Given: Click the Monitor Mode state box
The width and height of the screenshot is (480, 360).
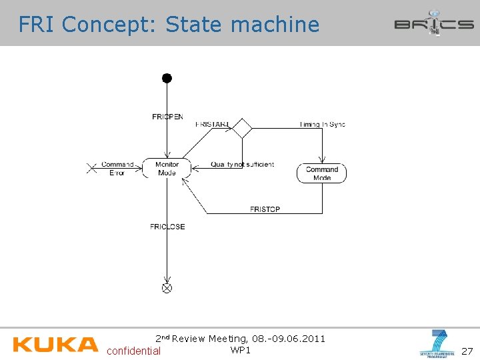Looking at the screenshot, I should pos(167,168).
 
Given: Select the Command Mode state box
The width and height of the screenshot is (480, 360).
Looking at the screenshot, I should pos(321,173).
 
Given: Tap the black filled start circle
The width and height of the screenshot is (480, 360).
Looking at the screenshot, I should pos(167,78).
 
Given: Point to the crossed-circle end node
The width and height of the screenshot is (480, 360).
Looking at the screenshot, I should pos(167,288).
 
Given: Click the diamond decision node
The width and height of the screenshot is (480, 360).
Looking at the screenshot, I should pos(242,127).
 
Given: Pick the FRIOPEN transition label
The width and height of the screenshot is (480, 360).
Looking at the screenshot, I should pos(167,117).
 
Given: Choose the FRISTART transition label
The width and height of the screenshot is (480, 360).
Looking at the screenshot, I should pos(212,124).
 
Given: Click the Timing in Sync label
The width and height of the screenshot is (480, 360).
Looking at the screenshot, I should pos(323,124).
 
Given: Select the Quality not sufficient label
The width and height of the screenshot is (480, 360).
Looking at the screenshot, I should pos(242,164).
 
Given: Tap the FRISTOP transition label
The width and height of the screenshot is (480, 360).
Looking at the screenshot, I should pos(265,209).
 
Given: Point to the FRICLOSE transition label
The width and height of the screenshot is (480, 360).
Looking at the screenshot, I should pos(167,227).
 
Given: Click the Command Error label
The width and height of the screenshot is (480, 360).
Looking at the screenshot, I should pos(117,168).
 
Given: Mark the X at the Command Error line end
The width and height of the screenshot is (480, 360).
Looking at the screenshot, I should pos(92,168).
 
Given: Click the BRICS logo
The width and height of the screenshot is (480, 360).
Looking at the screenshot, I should pos(433,23).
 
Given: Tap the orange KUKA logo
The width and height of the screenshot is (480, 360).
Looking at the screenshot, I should pos(55,344).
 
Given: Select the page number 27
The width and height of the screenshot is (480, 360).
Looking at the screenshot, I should pos(467,351).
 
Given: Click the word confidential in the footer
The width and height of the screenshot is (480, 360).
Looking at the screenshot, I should pos(133,351).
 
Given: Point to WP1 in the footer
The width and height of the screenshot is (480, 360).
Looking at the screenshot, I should pos(240,350).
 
